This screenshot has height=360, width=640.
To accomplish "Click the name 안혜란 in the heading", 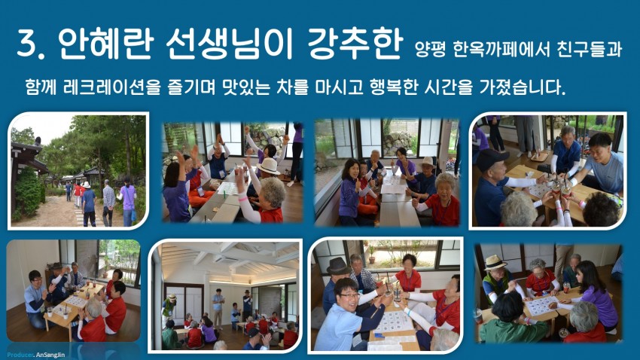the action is [105, 43].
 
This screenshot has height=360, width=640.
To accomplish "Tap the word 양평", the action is [429, 50].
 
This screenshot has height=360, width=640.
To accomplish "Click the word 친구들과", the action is [589, 50].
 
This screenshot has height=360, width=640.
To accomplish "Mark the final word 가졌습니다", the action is [522, 87].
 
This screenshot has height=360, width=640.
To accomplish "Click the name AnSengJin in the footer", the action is [50, 355].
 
